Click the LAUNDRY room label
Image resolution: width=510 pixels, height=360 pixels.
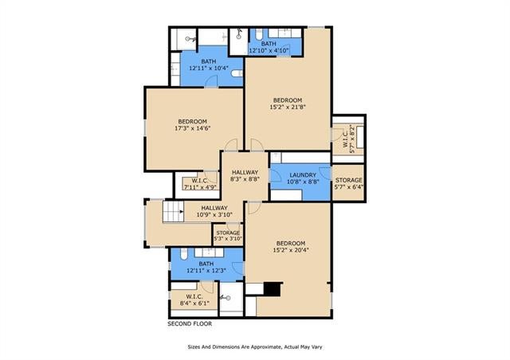[303, 175]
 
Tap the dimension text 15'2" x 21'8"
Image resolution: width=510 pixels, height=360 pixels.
[288, 107]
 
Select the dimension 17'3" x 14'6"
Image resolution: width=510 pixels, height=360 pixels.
[193, 128]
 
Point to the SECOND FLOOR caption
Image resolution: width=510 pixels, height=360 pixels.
[190, 324]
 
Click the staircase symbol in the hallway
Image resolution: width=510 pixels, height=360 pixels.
[174, 212]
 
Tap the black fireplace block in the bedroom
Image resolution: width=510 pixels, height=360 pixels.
[272, 289]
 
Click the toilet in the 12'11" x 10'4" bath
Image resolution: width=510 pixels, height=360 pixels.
[237, 73]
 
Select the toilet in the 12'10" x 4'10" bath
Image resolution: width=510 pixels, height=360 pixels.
[258, 33]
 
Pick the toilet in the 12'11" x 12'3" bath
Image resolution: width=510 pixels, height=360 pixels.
[184, 253]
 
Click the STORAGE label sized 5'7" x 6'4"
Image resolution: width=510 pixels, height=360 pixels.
[349, 180]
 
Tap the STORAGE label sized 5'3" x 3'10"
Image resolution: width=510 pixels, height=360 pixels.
[228, 233]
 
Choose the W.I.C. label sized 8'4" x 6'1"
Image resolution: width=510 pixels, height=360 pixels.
[194, 296]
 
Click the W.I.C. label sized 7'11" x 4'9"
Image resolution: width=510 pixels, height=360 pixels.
[200, 181]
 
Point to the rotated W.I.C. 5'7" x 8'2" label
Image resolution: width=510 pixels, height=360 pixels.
[348, 136]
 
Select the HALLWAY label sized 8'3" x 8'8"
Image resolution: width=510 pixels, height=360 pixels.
[245, 172]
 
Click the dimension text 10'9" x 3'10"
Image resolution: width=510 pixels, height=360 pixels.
[214, 214]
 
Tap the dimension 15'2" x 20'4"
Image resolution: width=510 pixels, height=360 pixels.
[291, 250]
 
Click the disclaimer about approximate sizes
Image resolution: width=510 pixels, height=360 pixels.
[255, 347]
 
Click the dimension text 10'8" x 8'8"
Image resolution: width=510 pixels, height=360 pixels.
[303, 182]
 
